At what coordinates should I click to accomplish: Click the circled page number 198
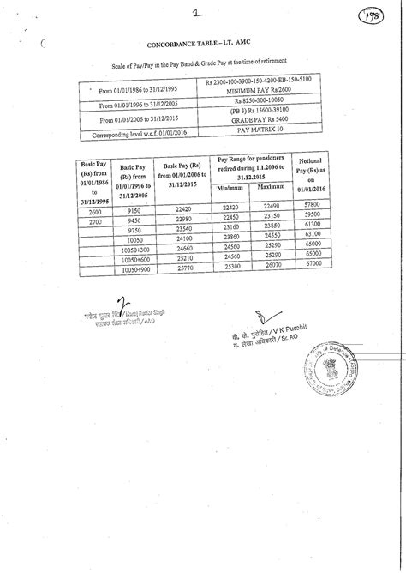click(374, 18)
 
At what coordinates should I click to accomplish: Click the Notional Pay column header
click(311, 174)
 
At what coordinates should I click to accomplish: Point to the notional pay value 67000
click(311, 268)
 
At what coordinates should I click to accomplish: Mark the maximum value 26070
click(270, 268)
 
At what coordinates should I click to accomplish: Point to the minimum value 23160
click(230, 226)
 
